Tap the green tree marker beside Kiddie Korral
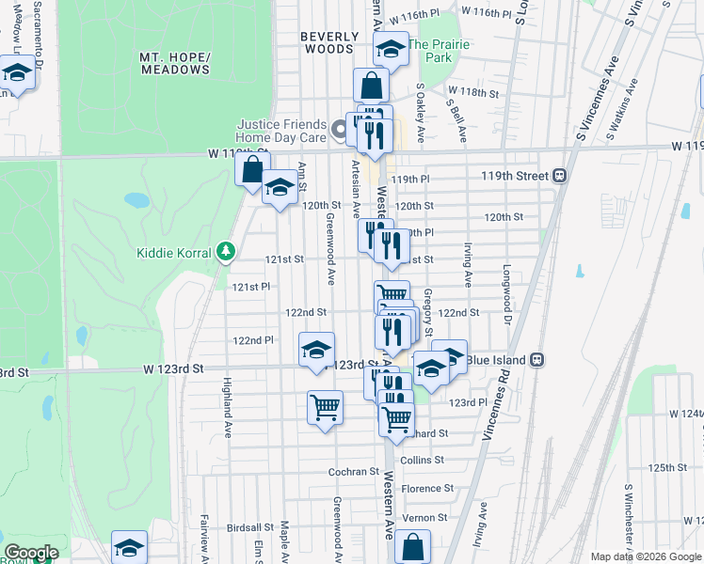click(225, 251)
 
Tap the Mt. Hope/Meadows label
click(174, 63)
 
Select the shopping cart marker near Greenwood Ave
click(325, 408)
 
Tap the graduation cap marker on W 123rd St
click(317, 350)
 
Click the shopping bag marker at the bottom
click(412, 547)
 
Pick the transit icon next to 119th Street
click(559, 175)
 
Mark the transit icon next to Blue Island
click(536, 359)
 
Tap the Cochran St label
click(353, 471)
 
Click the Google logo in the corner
click(31, 553)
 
